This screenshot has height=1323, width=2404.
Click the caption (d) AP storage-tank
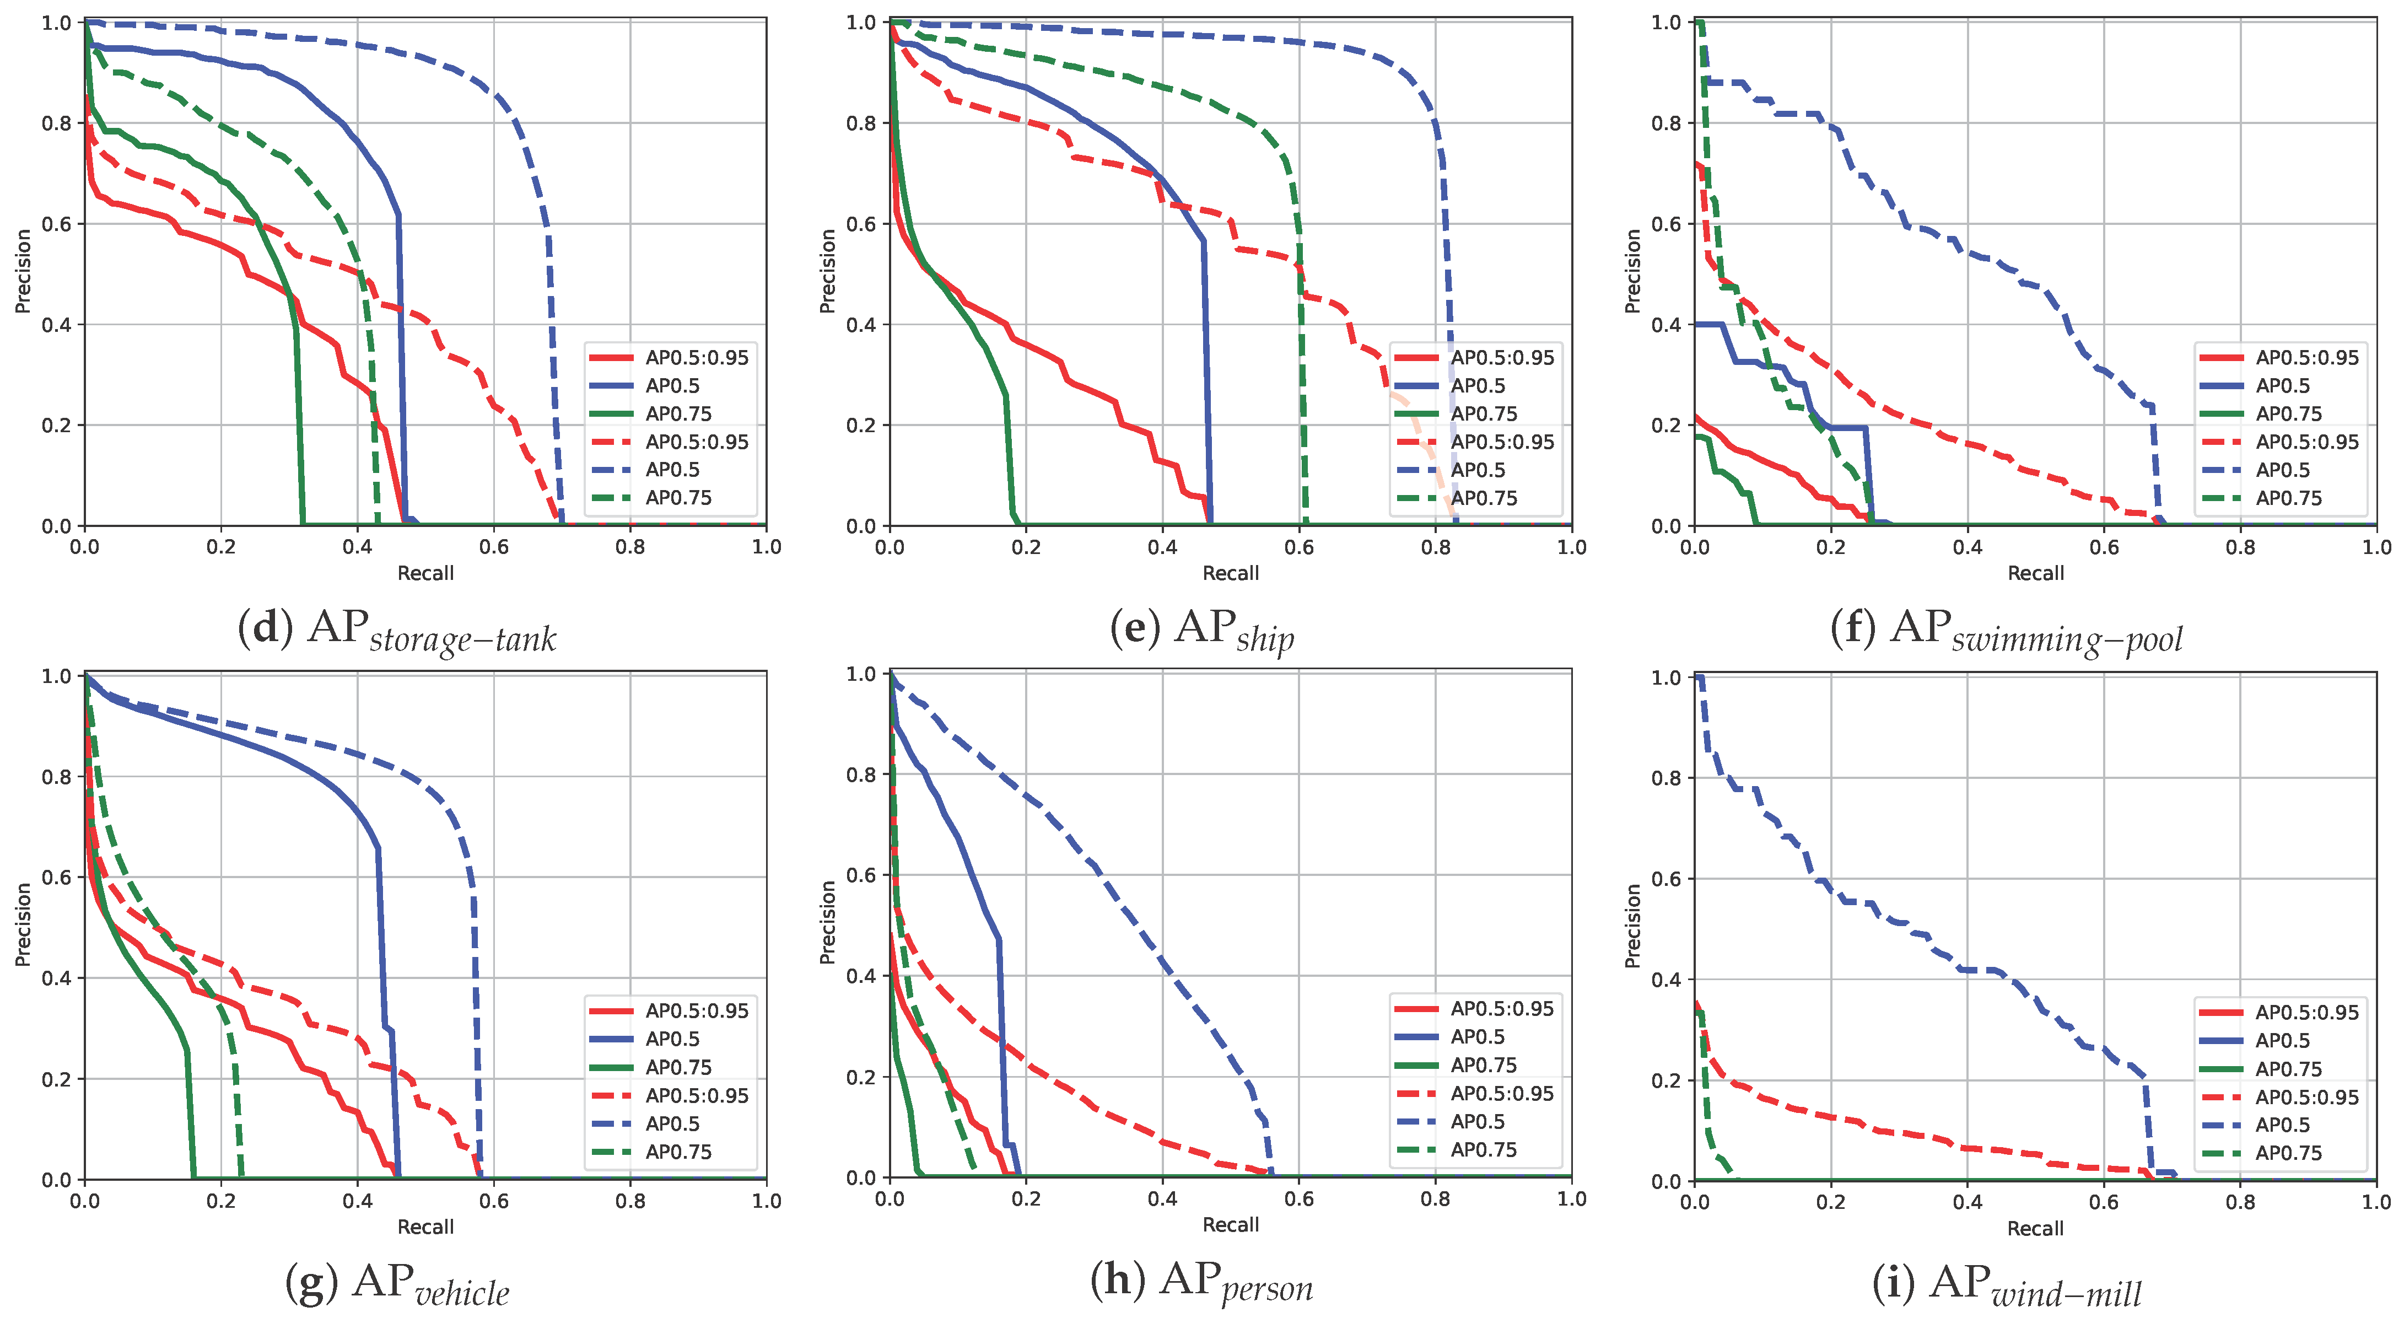click(x=397, y=630)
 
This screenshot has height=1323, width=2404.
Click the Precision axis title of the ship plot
click(x=827, y=271)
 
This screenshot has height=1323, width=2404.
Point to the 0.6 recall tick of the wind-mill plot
click(x=2104, y=1202)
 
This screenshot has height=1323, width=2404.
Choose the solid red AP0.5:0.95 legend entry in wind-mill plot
click(x=2305, y=1012)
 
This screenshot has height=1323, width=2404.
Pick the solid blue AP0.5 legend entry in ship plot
click(x=1476, y=386)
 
